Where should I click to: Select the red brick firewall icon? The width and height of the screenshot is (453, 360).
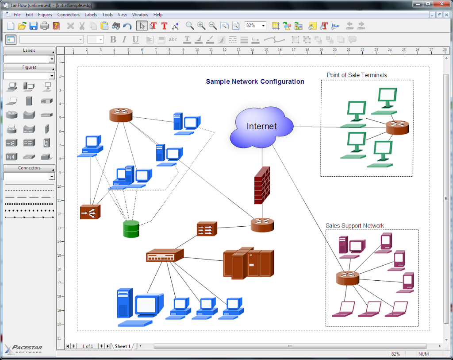pyautogui.click(x=262, y=185)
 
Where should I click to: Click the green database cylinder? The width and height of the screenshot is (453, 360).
pyautogui.click(x=131, y=228)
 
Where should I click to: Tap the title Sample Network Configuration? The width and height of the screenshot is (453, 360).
pyautogui.click(x=255, y=81)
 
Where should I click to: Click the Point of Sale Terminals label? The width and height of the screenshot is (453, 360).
pyautogui.click(x=357, y=75)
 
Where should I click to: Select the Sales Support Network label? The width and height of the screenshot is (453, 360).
pyautogui.click(x=355, y=226)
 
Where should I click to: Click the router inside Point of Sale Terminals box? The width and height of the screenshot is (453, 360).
pyautogui.click(x=397, y=128)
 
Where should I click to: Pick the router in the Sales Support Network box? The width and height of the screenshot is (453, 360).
pyautogui.click(x=347, y=278)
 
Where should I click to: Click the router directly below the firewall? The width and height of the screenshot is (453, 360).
pyautogui.click(x=262, y=225)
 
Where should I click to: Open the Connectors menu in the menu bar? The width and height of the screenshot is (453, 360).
pyautogui.click(x=68, y=15)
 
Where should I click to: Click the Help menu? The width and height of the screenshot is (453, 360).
pyautogui.click(x=158, y=15)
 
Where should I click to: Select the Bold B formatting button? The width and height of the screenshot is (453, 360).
pyautogui.click(x=113, y=39)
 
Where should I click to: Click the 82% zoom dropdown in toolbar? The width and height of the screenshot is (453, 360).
pyautogui.click(x=255, y=26)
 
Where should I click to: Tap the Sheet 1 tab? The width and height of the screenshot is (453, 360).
pyautogui.click(x=123, y=346)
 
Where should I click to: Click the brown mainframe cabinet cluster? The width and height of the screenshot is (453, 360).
pyautogui.click(x=248, y=263)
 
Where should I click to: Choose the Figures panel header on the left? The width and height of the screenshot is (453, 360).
pyautogui.click(x=29, y=67)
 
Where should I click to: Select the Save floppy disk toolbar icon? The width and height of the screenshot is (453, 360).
pyautogui.click(x=33, y=26)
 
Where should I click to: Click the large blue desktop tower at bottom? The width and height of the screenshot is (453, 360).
pyautogui.click(x=125, y=304)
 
